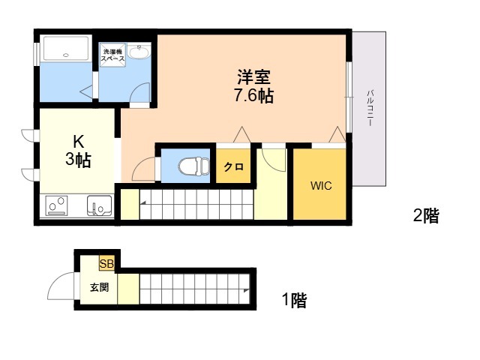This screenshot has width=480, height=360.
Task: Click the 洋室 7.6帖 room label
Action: click(253, 86)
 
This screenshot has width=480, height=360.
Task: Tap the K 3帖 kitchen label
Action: click(78, 151)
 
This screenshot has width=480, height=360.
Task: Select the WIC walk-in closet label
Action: click(321, 185)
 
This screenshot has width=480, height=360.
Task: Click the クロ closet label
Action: click(234, 166)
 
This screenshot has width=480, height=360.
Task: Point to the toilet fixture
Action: click(193, 166)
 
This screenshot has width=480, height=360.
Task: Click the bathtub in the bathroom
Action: click(66, 48)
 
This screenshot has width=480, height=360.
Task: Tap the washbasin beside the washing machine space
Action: click(139, 52)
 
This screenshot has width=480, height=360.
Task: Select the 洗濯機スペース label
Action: click(112, 55)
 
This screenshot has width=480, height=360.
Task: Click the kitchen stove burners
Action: click(56, 205)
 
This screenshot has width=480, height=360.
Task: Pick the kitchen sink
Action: click(99, 205)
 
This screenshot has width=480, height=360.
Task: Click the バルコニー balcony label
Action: click(370, 108)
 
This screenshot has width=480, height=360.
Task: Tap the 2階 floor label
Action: click(426, 215)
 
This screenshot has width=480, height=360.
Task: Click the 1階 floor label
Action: click(294, 300)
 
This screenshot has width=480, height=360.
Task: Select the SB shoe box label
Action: click(106, 263)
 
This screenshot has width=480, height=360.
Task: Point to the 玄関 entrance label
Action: click(99, 287)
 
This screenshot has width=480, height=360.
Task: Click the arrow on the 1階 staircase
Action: click(247, 290)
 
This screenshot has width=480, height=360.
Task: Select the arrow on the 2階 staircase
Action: click(143, 202)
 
